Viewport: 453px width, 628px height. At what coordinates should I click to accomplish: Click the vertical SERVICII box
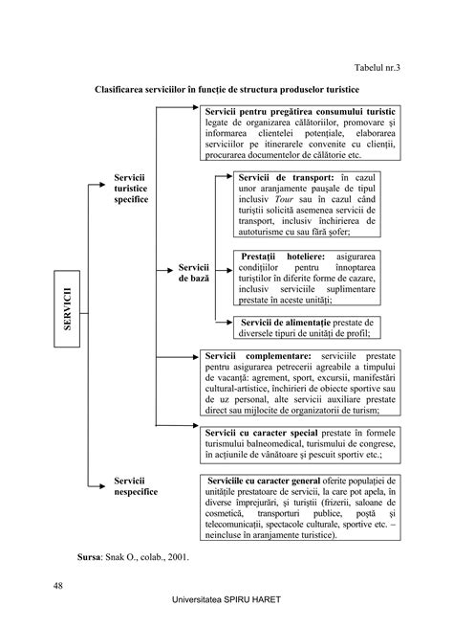[x=70, y=303]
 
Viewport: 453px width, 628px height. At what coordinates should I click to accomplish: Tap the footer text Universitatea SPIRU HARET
[x=226, y=609]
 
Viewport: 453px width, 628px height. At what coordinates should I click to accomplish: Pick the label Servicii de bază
[x=194, y=271]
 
